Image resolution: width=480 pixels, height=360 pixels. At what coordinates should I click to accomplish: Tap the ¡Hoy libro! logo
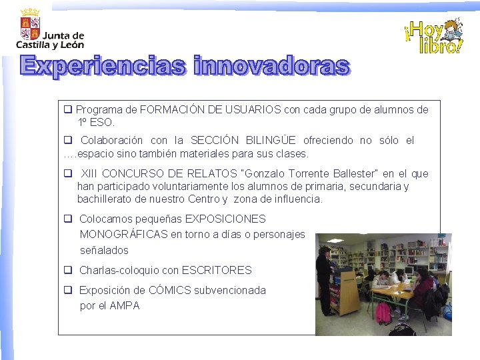(433, 37)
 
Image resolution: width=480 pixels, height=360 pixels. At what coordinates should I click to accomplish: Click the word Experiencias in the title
(104, 67)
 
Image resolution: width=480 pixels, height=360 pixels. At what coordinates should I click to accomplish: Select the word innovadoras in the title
(271, 67)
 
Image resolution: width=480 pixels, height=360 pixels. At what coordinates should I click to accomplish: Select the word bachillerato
(106, 199)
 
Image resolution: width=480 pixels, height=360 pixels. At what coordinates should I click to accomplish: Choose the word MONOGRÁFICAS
(123, 235)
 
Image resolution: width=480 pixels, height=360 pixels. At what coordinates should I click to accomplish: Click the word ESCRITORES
(217, 271)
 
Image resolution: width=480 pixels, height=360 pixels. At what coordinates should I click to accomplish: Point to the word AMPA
(125, 306)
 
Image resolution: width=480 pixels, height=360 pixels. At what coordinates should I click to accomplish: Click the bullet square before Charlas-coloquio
(68, 271)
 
